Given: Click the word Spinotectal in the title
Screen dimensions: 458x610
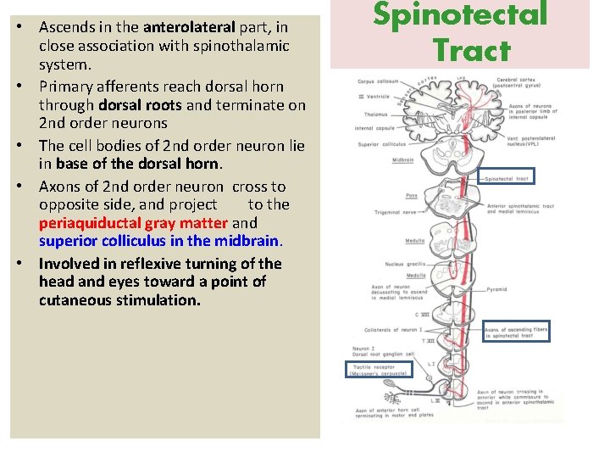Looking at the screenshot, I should [461, 14].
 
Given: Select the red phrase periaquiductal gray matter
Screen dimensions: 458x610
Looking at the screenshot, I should [133, 223].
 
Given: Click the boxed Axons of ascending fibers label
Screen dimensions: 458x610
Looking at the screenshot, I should [516, 332].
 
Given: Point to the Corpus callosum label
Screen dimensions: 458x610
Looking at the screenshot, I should [377, 82].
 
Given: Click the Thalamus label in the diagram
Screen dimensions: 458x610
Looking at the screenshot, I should [373, 113].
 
